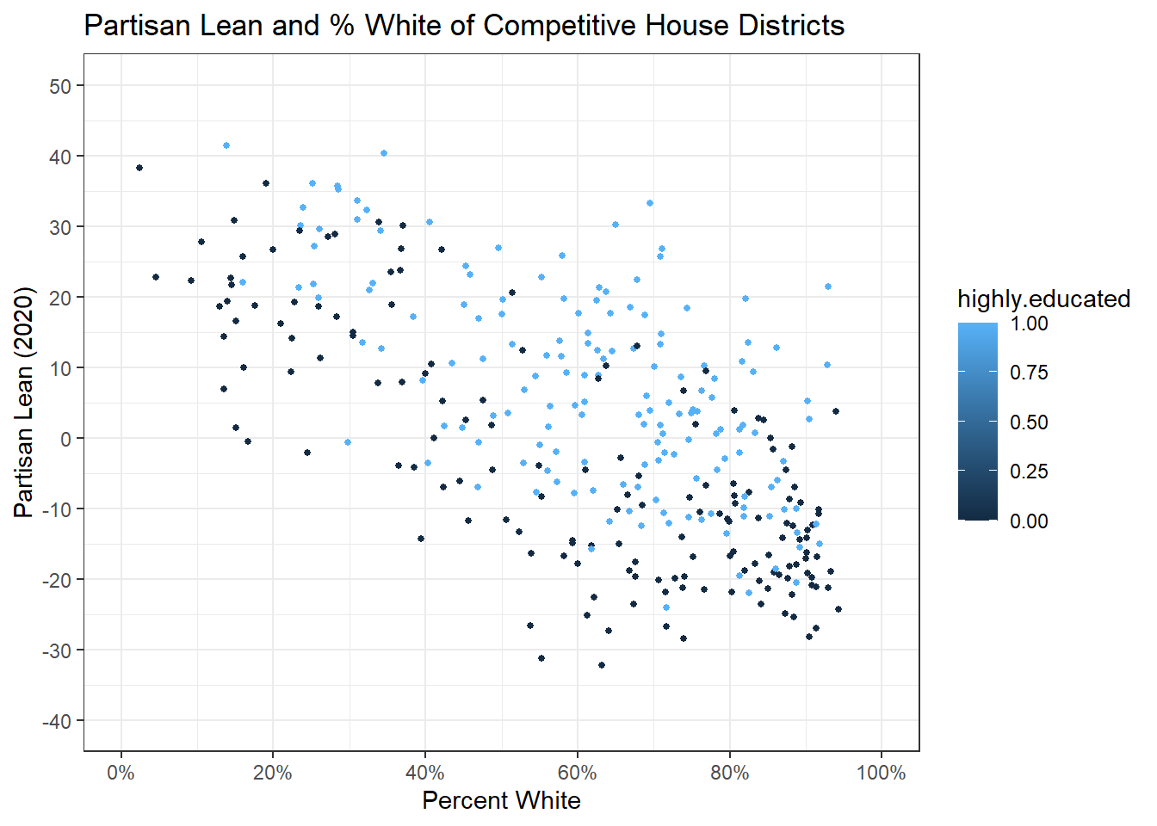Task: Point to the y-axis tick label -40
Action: pos(58,721)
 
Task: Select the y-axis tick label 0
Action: pos(67,439)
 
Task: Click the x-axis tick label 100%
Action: pos(881,773)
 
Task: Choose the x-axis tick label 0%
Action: pos(121,773)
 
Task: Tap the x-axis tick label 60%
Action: pos(577,773)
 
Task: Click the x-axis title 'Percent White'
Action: pos(501,800)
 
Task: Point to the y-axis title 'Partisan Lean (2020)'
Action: pos(24,403)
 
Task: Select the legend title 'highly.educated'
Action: pos(1043,299)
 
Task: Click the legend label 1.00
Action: pos(1029,324)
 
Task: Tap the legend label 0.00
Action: pos(1029,521)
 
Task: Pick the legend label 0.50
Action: pos(1029,422)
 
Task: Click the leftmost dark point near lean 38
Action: pos(139,168)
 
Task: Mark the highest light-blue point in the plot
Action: pos(226,145)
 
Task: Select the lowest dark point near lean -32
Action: pos(602,665)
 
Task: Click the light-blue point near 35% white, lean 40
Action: pos(384,153)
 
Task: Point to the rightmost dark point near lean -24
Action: pos(838,609)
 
